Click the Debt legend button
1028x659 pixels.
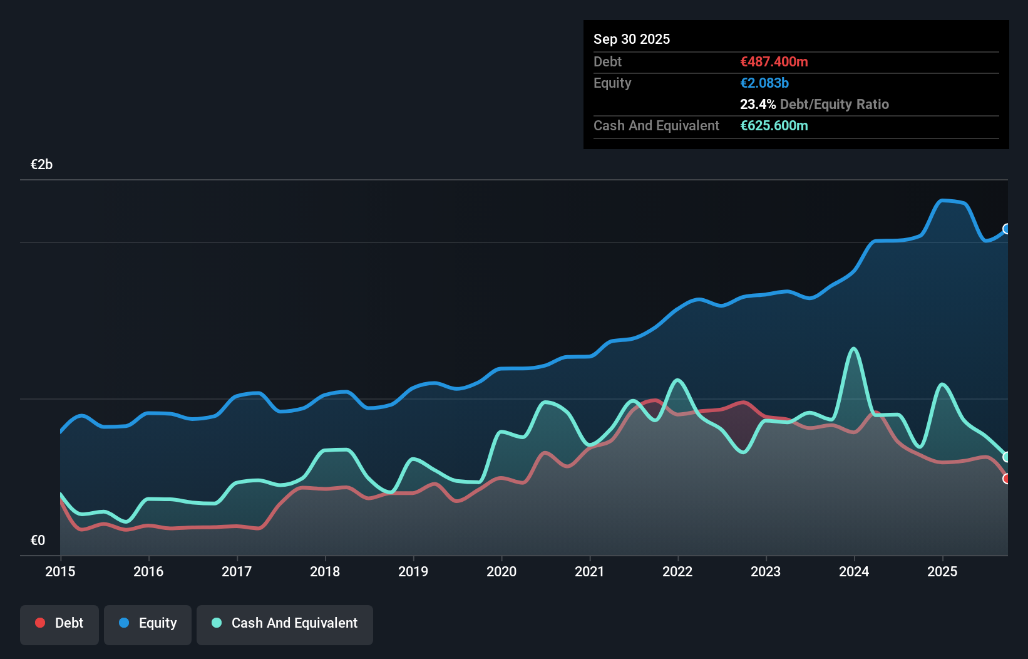59,623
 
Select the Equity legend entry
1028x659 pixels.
148,623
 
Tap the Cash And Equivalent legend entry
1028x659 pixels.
285,623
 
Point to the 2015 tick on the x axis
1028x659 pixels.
60,571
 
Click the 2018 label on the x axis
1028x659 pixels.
325,571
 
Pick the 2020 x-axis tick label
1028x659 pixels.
501,571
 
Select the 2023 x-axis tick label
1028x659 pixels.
766,571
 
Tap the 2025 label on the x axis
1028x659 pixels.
942,571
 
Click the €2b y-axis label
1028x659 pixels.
41,165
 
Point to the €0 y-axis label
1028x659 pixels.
38,540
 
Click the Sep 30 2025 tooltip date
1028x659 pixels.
632,39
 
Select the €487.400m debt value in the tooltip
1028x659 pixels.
774,61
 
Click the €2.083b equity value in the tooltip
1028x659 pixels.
764,83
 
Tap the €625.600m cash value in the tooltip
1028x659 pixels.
774,125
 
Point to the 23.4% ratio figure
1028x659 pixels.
758,104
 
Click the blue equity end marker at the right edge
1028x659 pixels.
1007,229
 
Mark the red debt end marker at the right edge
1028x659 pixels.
1007,479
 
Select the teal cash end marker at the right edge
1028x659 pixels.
1007,457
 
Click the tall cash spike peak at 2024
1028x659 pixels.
853,349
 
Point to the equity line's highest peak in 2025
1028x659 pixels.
943,200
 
